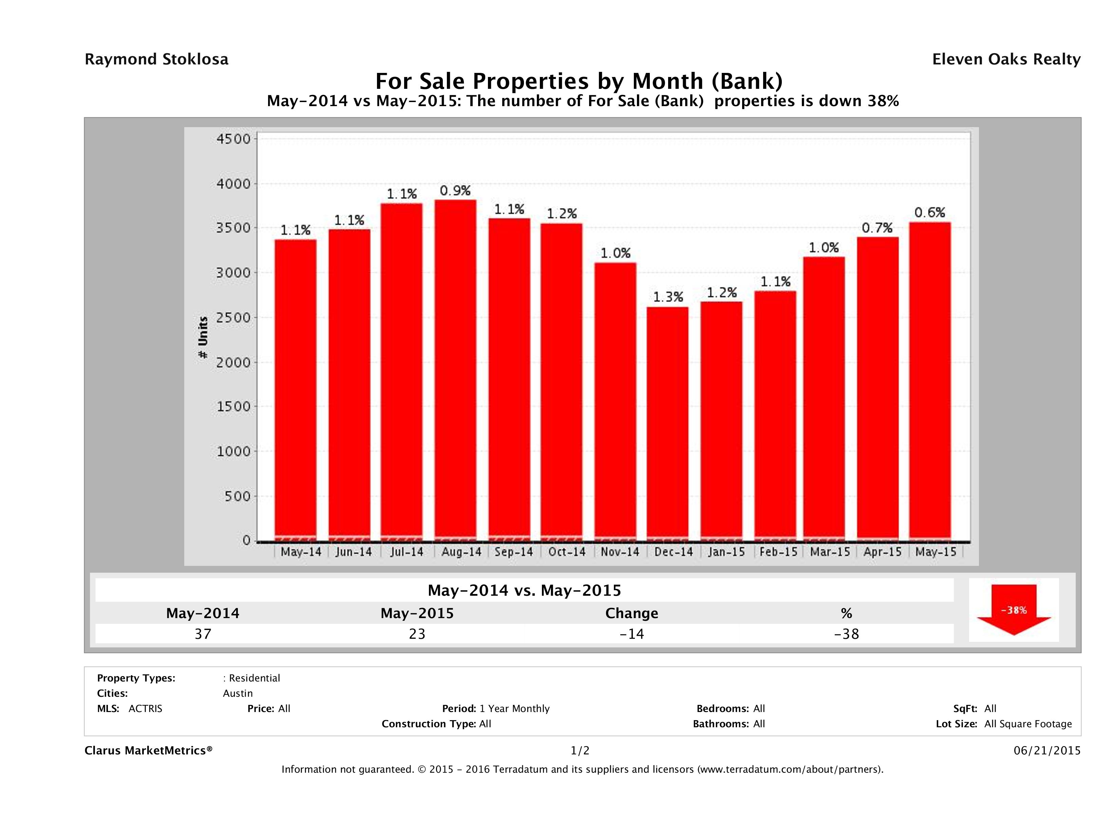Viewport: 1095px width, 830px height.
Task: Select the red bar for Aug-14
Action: (455, 369)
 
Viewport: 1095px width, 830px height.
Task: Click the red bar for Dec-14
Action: (667, 423)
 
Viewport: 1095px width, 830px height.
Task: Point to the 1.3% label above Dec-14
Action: (668, 297)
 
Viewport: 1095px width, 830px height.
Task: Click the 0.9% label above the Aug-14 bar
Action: (455, 191)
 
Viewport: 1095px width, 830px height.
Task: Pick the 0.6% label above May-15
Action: (929, 213)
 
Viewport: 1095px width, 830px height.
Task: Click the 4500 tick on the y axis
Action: (234, 139)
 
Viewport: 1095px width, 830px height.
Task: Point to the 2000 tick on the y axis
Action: (234, 362)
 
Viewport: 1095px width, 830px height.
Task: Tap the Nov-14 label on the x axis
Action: (620, 552)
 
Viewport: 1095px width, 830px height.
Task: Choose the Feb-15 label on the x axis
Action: (778, 552)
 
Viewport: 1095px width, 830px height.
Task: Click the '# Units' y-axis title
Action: (203, 337)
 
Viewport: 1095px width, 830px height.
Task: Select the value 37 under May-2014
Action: (203, 634)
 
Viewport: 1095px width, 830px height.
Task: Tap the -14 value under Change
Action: (632, 634)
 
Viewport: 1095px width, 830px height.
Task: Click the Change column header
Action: (632, 613)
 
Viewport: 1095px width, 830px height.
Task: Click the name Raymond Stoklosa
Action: (156, 59)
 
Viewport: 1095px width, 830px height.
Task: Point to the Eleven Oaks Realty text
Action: (1006, 59)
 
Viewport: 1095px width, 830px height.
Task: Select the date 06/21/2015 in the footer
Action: (1046, 750)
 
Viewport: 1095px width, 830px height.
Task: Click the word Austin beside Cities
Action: (238, 693)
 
